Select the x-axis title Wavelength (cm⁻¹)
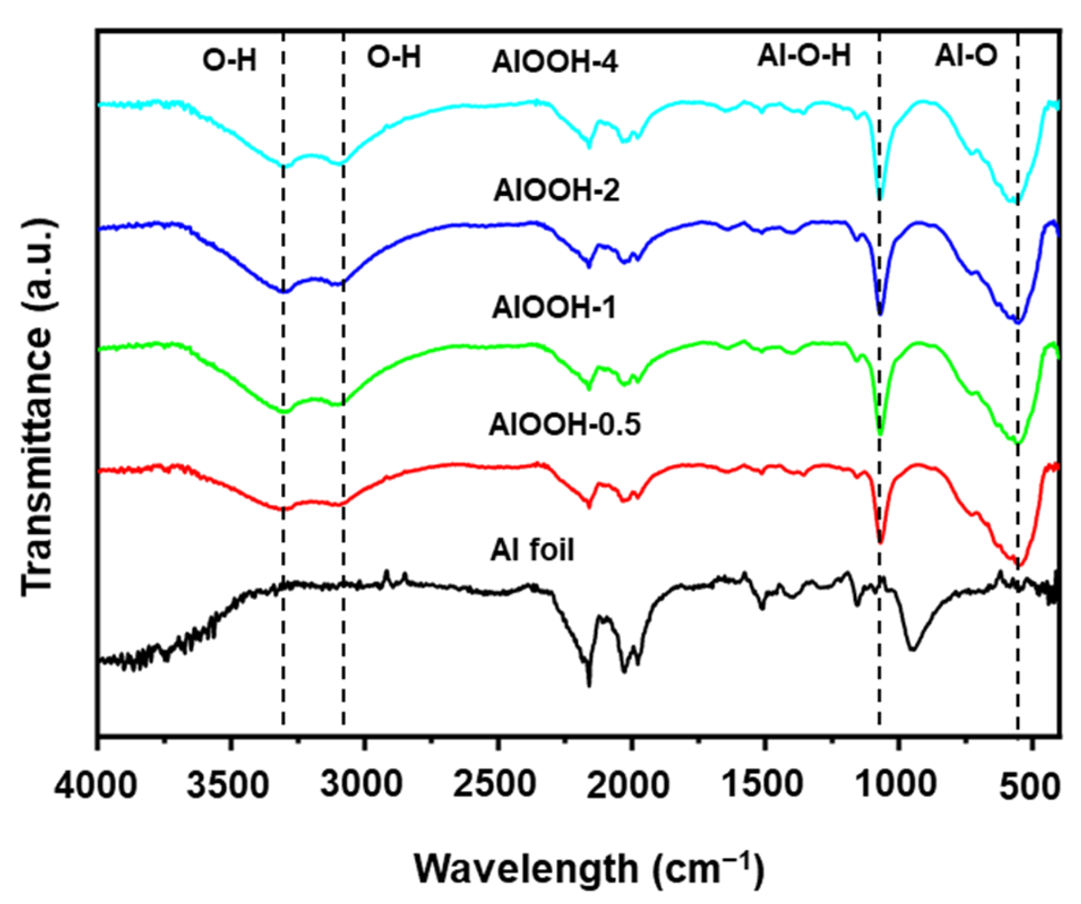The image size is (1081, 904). pos(588,869)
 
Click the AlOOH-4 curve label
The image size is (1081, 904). pos(554,63)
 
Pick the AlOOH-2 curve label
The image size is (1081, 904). pos(556,191)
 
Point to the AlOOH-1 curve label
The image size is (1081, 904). pos(554,307)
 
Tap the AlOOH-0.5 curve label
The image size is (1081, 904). pos(565,424)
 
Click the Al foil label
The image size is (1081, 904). pos(532,549)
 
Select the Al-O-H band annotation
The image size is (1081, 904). pos(804,56)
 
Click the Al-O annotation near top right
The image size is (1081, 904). pos(966,56)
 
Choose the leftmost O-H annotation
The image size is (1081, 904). pos(229,60)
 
